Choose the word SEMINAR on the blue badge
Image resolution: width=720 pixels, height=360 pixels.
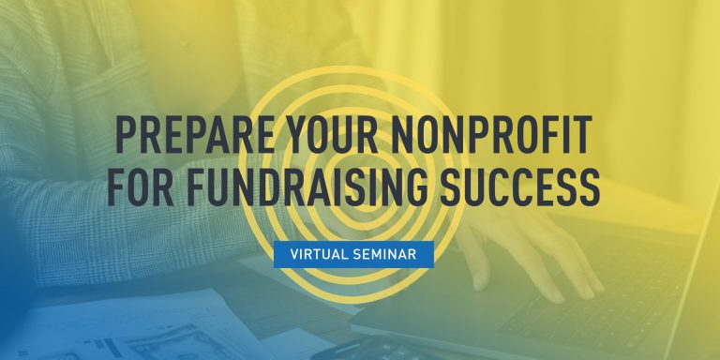(x=393, y=254)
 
